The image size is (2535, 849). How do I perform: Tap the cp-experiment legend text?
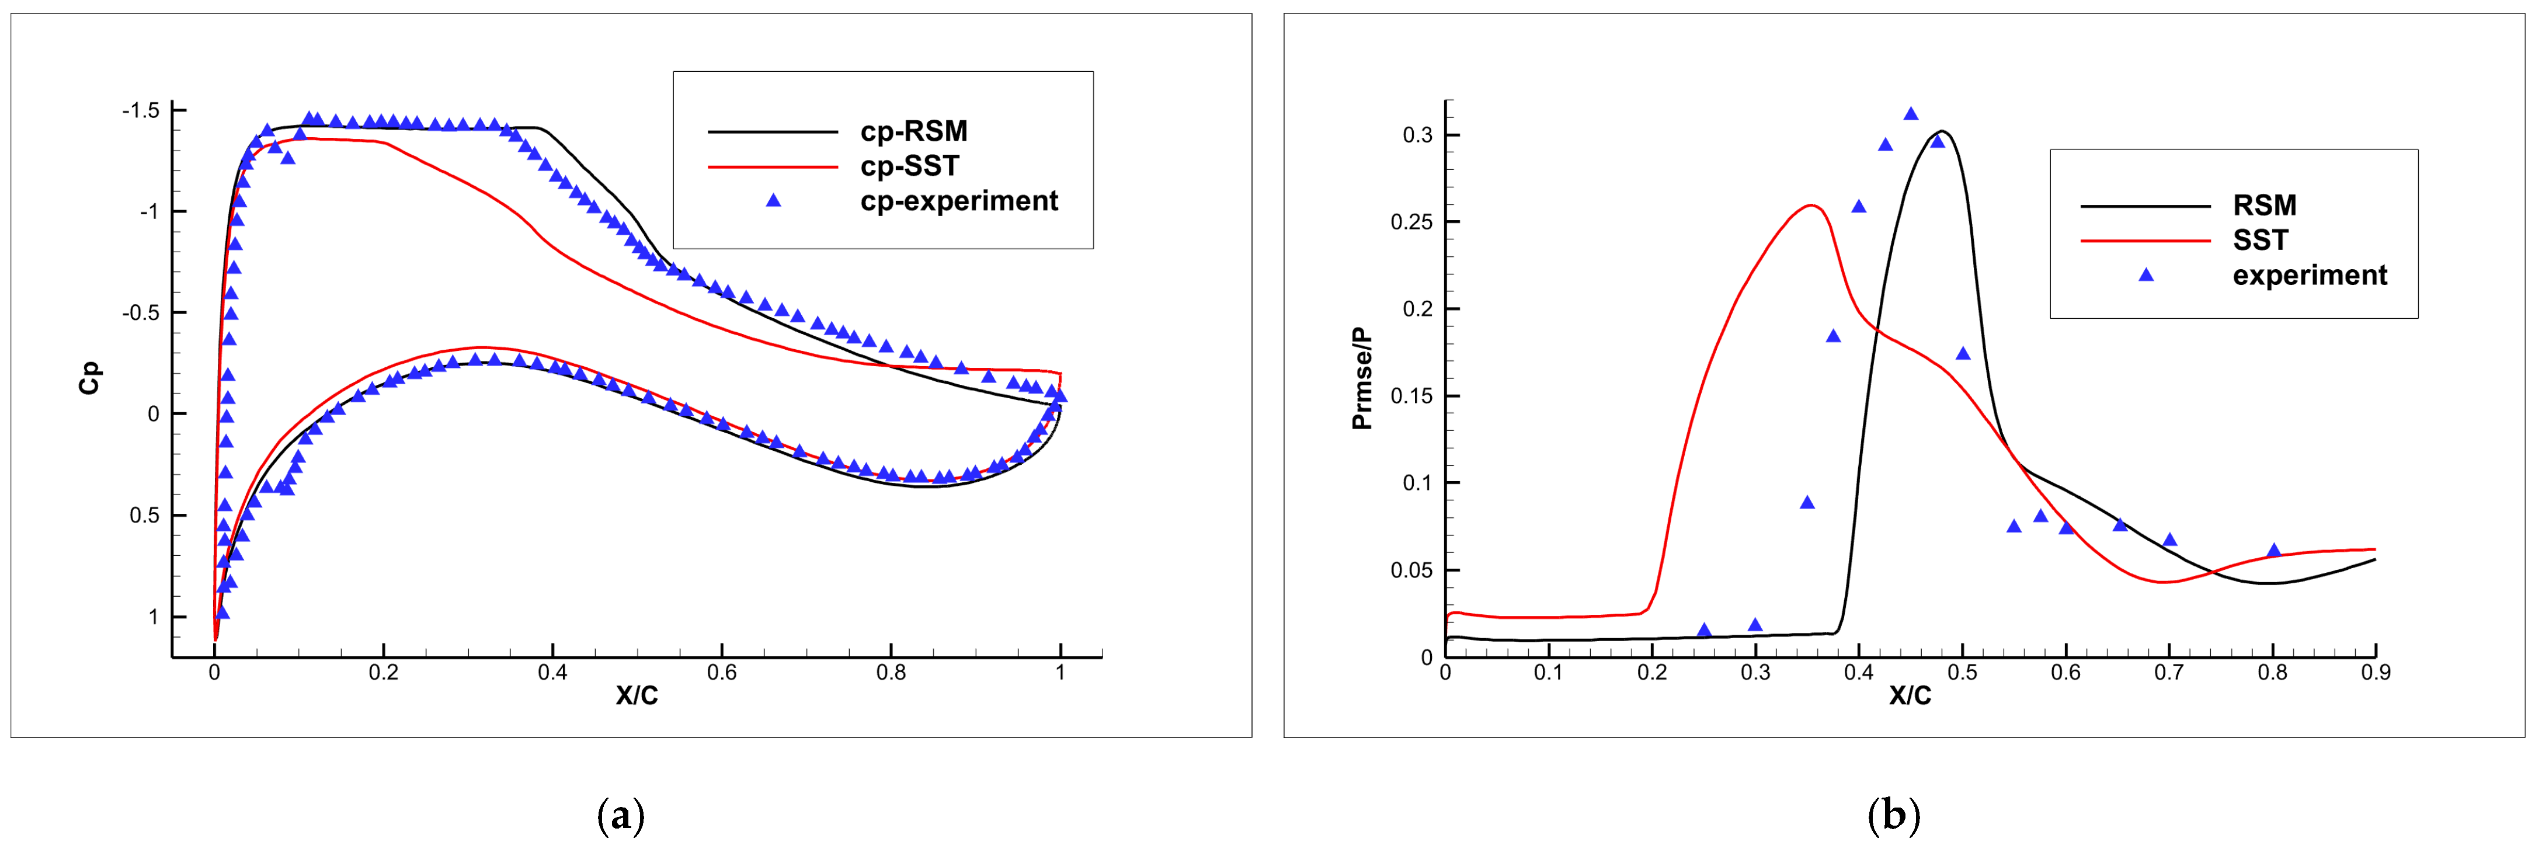point(958,201)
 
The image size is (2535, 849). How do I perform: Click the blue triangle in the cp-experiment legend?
point(774,201)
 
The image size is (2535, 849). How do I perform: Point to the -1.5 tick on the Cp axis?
point(141,110)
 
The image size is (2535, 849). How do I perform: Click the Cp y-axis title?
point(89,379)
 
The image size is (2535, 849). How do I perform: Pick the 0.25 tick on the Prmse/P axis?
point(1411,222)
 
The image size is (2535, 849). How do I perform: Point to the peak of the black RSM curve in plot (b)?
point(1942,131)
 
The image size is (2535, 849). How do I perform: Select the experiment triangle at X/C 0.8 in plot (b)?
point(2273,551)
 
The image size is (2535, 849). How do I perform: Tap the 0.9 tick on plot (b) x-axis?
point(2376,673)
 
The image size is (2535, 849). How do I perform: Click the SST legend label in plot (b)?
point(2261,240)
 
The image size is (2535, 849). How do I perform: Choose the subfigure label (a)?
point(621,816)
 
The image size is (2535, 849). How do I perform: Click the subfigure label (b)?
point(1893,816)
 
